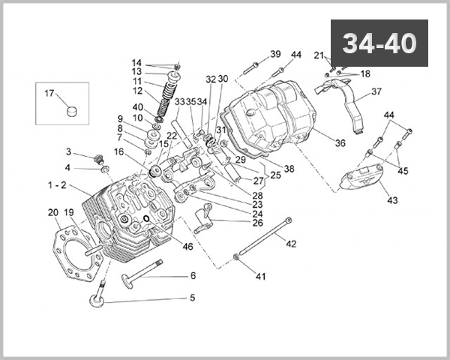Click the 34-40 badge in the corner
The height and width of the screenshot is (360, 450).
coord(379,43)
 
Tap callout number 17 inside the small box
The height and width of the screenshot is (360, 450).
coord(49,94)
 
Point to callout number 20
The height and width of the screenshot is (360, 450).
coord(52,213)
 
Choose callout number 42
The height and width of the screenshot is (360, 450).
coord(291,243)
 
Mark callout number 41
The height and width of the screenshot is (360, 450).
coord(261,277)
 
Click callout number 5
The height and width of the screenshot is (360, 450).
coord(192,298)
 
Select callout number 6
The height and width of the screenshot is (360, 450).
coord(192,275)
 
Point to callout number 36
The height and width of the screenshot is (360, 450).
coord(340,143)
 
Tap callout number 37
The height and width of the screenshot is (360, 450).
coord(376,91)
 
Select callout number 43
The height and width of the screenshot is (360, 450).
coord(392,200)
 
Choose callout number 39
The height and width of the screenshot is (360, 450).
coord(275,54)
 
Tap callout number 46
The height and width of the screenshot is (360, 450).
coord(187,245)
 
